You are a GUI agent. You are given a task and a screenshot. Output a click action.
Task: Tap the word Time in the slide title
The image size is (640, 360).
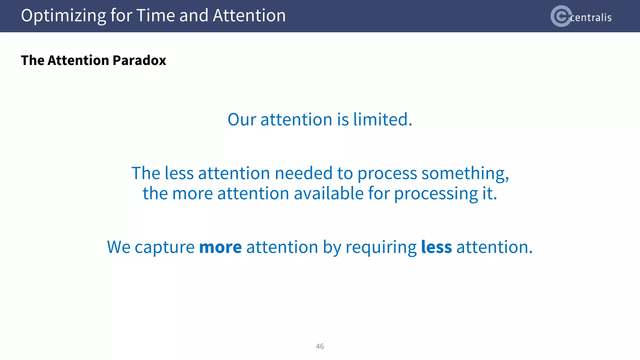155,16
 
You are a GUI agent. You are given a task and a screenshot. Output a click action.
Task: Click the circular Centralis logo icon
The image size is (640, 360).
561,16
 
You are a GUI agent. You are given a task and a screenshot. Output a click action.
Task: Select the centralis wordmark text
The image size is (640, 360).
591,17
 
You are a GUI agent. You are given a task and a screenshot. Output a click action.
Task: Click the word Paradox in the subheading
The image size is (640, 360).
139,60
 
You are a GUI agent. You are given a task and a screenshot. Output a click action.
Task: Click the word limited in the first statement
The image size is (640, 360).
382,119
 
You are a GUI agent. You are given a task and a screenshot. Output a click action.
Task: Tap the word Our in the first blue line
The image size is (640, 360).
242,119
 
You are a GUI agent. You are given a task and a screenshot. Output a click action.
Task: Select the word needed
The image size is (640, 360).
303,173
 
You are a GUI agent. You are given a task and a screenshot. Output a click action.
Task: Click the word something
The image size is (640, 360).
465,174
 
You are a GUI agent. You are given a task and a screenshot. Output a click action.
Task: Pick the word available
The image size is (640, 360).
328,193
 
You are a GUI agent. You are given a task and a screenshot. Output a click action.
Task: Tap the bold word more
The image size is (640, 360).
220,247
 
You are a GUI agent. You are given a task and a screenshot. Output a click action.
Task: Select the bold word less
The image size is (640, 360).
436,247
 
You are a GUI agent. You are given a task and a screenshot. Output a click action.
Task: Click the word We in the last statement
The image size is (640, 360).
118,247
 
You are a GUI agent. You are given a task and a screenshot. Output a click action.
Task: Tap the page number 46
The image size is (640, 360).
320,346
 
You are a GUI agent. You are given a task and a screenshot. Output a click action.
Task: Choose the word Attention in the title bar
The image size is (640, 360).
249,16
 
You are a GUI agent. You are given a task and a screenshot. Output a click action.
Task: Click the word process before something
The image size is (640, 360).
387,174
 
